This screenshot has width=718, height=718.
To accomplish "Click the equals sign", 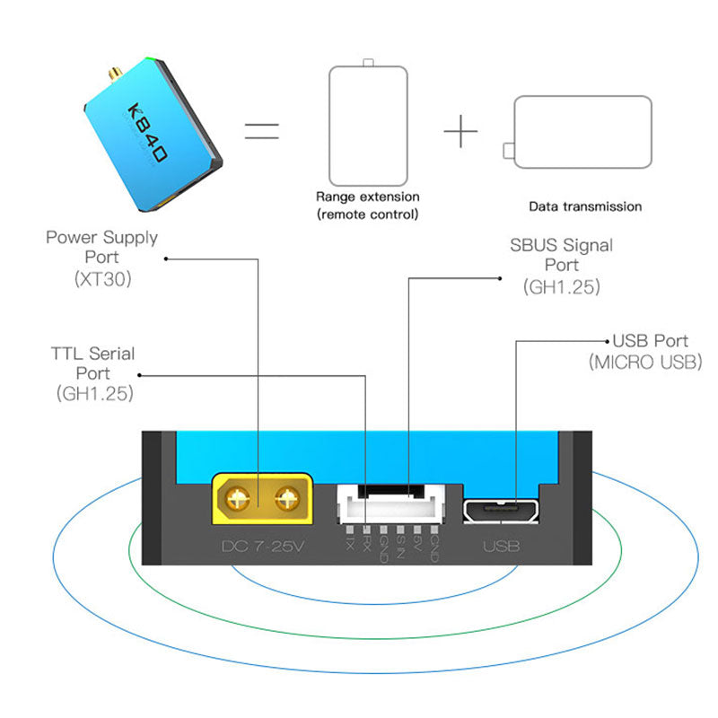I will (x=262, y=132).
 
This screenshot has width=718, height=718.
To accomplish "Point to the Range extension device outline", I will (x=367, y=122).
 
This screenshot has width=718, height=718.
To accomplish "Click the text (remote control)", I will (x=367, y=215).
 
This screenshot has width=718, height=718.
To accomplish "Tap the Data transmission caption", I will (x=585, y=206).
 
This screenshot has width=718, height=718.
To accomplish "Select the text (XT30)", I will (x=103, y=279).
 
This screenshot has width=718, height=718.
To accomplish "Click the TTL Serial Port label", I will (x=93, y=363).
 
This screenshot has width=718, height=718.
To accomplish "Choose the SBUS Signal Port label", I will (x=562, y=255).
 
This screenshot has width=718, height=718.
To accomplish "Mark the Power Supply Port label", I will (x=102, y=247).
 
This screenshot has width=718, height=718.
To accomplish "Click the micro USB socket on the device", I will (x=501, y=510).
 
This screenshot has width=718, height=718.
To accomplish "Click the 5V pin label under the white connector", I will (x=417, y=541).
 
